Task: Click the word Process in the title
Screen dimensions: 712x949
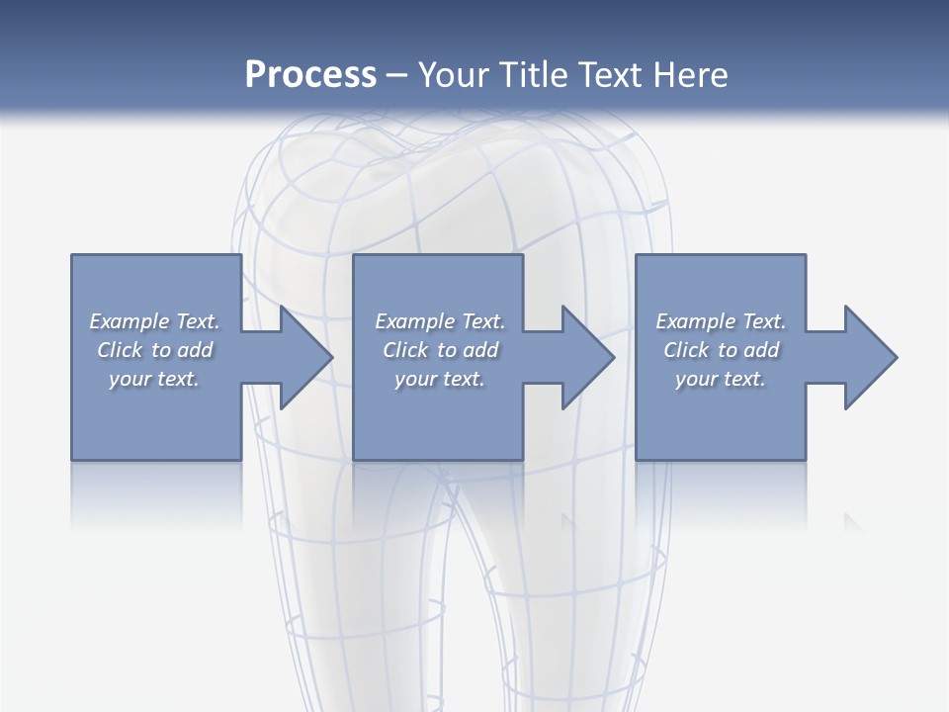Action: [310, 75]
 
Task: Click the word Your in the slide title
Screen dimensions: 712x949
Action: [456, 75]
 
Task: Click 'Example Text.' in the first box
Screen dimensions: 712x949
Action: [154, 321]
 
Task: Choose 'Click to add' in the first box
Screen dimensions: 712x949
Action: [154, 350]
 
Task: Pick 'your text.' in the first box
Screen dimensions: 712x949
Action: [154, 379]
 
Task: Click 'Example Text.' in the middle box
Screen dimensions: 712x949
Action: [440, 321]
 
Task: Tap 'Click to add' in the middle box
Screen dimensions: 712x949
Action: [440, 350]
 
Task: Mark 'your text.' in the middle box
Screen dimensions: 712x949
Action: [440, 379]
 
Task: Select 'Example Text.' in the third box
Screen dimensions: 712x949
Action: [721, 321]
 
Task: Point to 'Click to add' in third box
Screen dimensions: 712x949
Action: [721, 350]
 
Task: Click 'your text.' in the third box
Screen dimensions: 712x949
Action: [721, 379]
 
